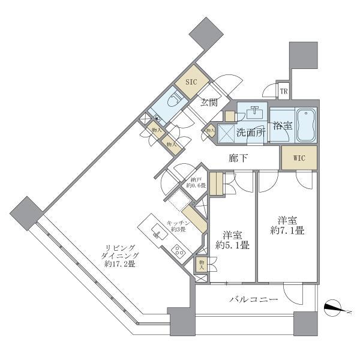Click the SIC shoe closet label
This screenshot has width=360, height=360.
point(190,81)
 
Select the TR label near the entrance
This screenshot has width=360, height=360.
point(284,92)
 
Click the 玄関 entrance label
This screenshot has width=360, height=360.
point(208,103)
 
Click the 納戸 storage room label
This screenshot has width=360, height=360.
point(195,181)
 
